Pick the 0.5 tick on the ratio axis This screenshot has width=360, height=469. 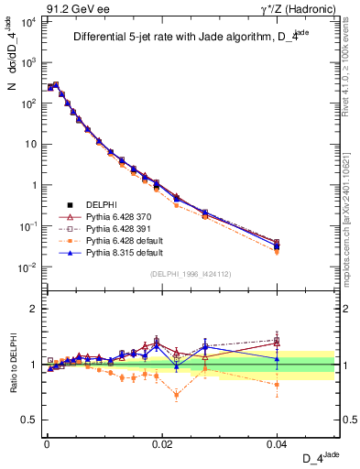(x=31, y=420)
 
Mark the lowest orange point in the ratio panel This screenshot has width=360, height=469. (x=176, y=396)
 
